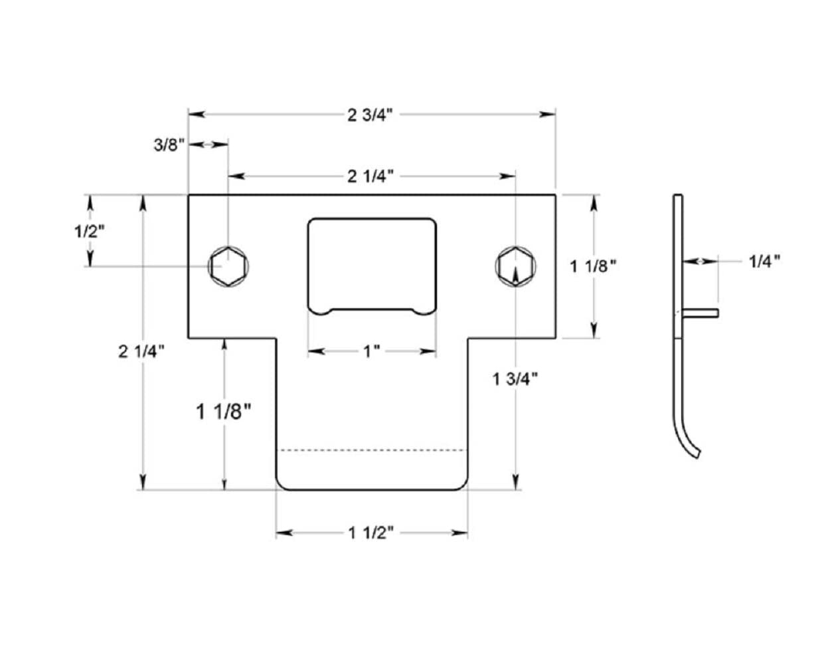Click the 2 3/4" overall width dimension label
pyautogui.click(x=370, y=115)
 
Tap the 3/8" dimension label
pyautogui.click(x=169, y=145)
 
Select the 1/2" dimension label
pyautogui.click(x=89, y=231)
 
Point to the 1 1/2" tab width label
pyautogui.click(x=371, y=533)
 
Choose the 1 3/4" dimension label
pyautogui.click(x=515, y=379)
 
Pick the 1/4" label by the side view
pyautogui.click(x=764, y=262)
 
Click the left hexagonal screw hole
pyautogui.click(x=228, y=266)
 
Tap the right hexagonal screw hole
pyautogui.click(x=515, y=266)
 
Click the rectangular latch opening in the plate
pyautogui.click(x=372, y=266)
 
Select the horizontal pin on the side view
pyautogui.click(x=700, y=313)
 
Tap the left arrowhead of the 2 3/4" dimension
pyautogui.click(x=197, y=114)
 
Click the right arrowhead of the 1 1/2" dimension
pyautogui.click(x=459, y=533)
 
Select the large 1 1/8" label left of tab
pyautogui.click(x=223, y=412)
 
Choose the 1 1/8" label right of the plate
pyautogui.click(x=593, y=266)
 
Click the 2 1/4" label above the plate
pyautogui.click(x=371, y=177)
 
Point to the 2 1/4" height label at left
pyautogui.click(x=141, y=351)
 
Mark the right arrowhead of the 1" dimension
pyautogui.click(x=428, y=351)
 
